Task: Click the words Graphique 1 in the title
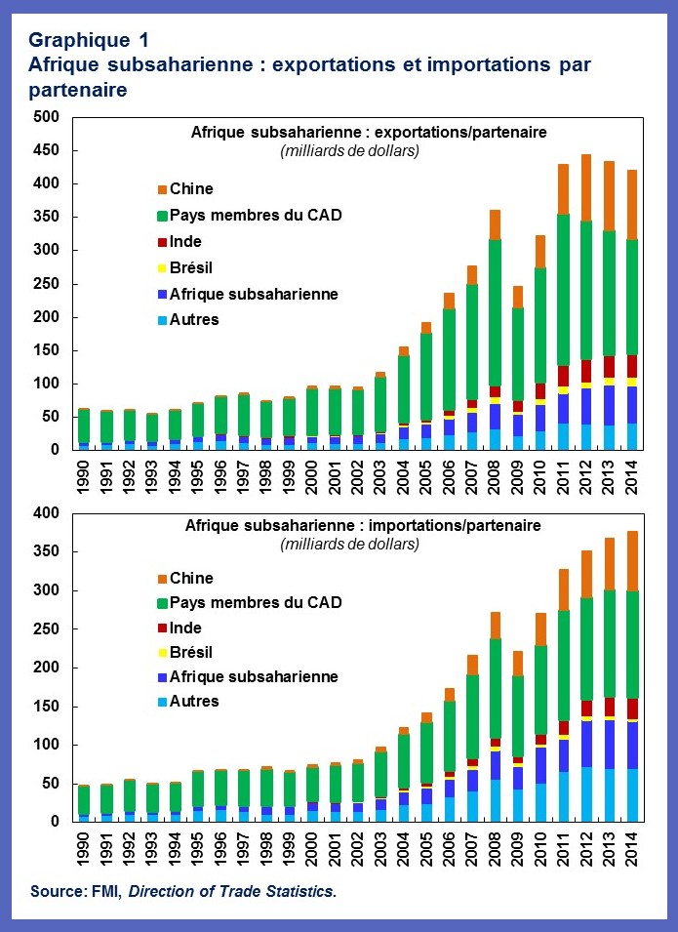(88, 40)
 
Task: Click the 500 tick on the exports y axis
(46, 117)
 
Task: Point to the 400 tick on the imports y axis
(46, 513)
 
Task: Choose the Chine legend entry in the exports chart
(191, 189)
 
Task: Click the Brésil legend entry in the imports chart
(191, 652)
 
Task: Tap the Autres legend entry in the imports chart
(193, 701)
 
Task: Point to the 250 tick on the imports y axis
(46, 629)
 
